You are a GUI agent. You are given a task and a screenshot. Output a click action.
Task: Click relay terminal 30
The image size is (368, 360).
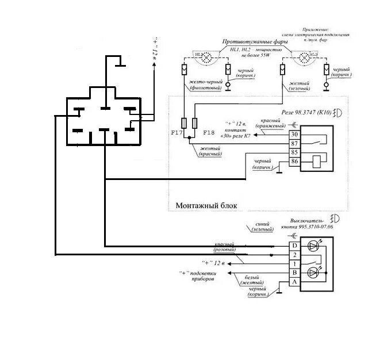tap(294, 134)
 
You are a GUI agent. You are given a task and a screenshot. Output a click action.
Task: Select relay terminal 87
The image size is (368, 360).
tap(294, 143)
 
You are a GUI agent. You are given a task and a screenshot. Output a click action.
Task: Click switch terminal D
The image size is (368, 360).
tap(294, 246)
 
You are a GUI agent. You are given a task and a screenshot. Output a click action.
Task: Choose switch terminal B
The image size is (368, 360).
tap(294, 273)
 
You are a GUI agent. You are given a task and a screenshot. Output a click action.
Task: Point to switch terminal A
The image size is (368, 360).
tap(294, 282)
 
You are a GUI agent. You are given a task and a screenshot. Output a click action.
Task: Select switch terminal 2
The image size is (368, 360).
tap(294, 255)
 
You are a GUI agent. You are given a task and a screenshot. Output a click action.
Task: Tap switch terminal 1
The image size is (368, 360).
tap(294, 263)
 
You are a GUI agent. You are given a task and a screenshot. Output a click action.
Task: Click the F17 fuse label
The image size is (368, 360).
tap(177, 133)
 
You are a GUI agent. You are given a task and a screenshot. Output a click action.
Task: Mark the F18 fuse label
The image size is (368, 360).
tap(209, 133)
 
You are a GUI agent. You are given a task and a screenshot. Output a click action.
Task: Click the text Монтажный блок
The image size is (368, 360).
tap(205, 205)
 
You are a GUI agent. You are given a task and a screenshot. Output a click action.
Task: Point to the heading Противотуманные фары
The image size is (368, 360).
tap(256, 42)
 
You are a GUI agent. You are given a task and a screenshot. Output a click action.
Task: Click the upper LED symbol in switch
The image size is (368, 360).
tap(313, 247)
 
